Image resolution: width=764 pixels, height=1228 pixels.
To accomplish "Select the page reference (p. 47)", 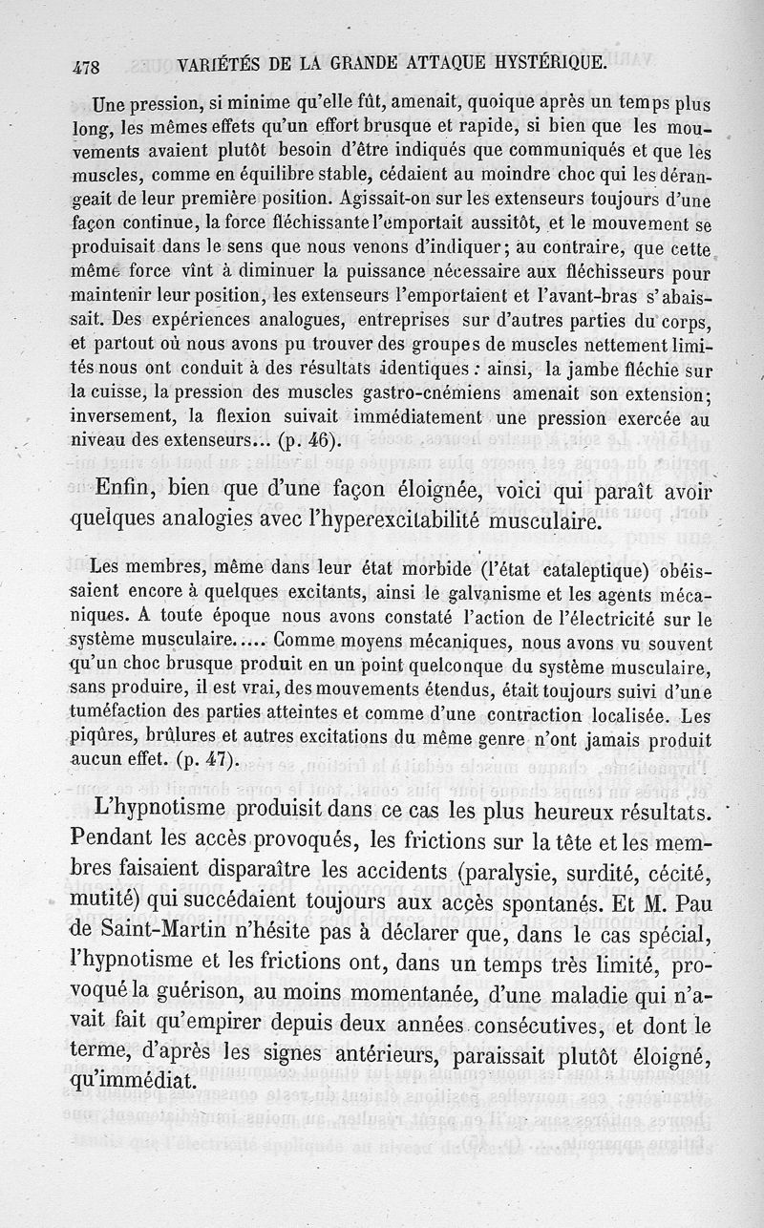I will click(x=202, y=759).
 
